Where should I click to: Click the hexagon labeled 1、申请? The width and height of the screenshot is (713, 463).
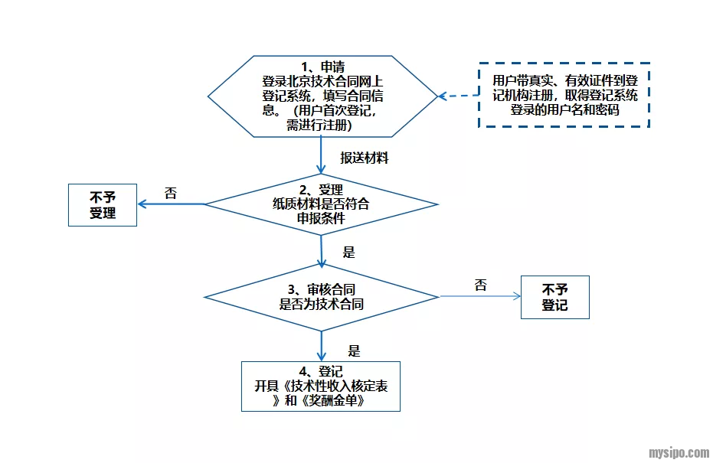[x=322, y=96]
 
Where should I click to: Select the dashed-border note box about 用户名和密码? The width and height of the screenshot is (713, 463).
[x=564, y=95]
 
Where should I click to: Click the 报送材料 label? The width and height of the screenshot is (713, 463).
[x=365, y=158]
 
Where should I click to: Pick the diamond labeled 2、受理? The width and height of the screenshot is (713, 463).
[x=322, y=204]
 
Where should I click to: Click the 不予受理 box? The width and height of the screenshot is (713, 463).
[x=103, y=205]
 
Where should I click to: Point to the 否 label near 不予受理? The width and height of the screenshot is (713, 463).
[x=171, y=193]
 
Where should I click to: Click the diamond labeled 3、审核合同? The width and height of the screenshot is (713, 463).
[x=322, y=297]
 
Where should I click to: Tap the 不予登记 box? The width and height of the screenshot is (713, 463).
[x=554, y=297]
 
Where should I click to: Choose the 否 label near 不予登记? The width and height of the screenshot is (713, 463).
[x=480, y=285]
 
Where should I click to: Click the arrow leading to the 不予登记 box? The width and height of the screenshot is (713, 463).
[x=479, y=297]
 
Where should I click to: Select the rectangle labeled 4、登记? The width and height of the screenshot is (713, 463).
[x=321, y=386]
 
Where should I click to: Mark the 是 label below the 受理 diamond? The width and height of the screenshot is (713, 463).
[x=349, y=252]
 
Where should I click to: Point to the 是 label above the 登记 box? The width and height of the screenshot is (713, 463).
[x=354, y=351]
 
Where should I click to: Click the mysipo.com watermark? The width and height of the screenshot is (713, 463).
[x=679, y=452]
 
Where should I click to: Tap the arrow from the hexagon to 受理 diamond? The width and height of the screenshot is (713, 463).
[x=322, y=158]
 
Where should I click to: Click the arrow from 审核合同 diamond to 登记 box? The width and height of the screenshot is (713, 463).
[x=322, y=344]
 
